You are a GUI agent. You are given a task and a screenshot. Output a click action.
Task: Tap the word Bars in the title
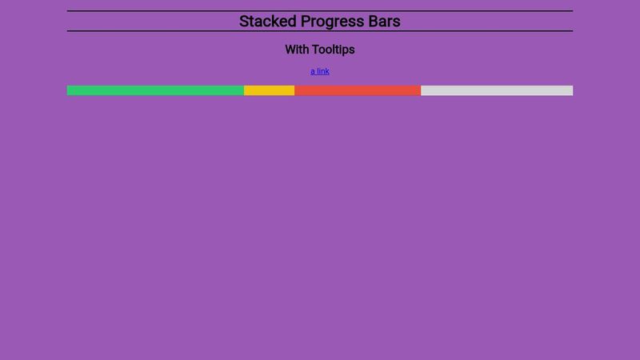385,22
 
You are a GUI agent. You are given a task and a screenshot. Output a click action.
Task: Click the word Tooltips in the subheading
334,50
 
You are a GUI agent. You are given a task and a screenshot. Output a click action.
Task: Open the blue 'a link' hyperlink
320,71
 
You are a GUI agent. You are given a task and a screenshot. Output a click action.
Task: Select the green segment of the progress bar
155,90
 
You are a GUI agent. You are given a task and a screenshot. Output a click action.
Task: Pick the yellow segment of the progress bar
269,90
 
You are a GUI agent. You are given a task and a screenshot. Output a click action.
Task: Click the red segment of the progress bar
358,90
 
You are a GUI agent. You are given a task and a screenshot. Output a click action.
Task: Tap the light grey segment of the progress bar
497,90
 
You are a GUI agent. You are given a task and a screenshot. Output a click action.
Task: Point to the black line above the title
320,11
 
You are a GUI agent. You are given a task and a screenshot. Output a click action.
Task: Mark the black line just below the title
320,31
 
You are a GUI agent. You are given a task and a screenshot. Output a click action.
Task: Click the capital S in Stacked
244,22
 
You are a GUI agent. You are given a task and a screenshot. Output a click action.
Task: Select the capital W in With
290,50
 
